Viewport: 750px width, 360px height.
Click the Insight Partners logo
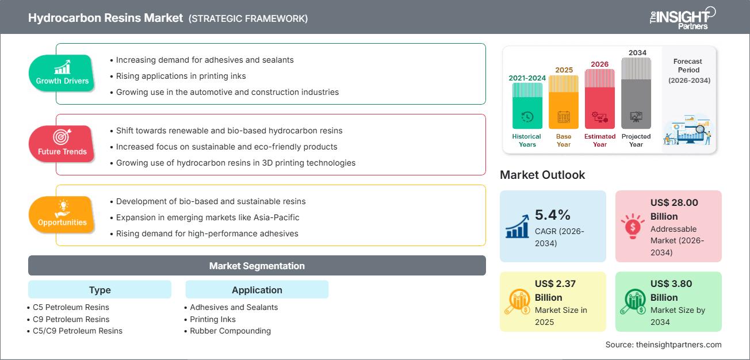tap(682, 18)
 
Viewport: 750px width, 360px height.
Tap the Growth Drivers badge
tap(62, 74)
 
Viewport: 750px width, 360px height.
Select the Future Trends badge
tap(62, 144)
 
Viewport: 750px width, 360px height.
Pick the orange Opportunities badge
tap(62, 215)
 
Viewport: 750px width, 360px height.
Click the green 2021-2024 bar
tap(527, 106)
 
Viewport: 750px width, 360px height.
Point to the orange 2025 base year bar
tap(564, 102)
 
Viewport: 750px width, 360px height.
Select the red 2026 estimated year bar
tap(600, 98)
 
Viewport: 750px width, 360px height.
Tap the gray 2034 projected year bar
tap(636, 93)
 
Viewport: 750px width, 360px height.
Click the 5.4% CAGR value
tap(552, 215)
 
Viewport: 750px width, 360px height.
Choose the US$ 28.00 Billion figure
tap(674, 209)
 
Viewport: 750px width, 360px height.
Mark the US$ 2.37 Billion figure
tap(556, 290)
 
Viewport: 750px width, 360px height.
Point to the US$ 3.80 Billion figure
tap(671, 290)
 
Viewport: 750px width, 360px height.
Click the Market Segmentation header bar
tap(257, 266)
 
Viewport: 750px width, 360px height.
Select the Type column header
tap(100, 290)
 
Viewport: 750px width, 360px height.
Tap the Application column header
tap(257, 290)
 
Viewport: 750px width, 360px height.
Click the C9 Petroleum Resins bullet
tap(71, 319)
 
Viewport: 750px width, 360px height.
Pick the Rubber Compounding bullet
tap(230, 331)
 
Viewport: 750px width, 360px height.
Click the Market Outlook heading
tap(542, 175)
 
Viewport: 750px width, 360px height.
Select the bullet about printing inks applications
tap(181, 76)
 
